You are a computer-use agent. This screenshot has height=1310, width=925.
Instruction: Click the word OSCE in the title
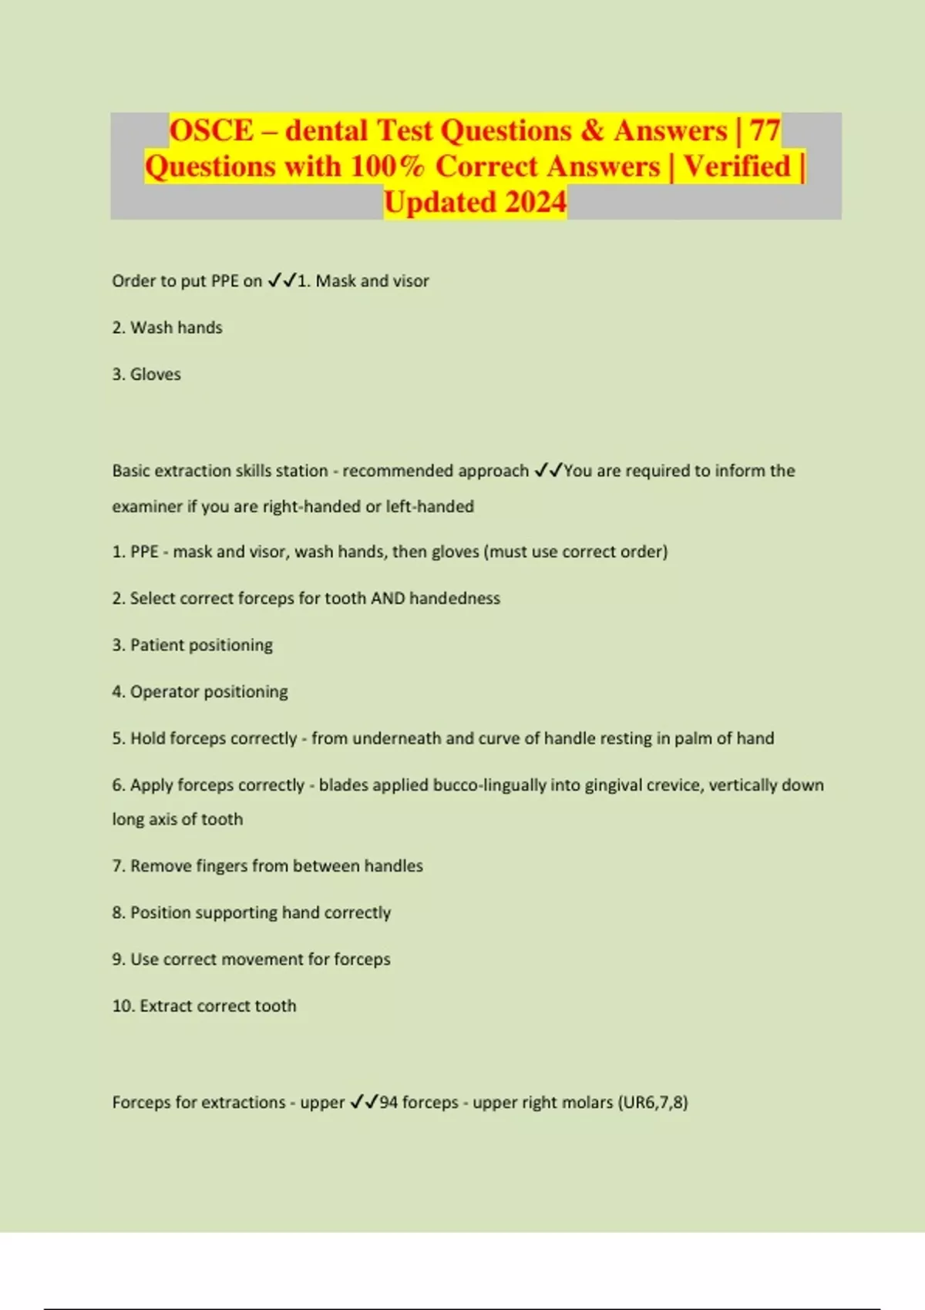(x=211, y=130)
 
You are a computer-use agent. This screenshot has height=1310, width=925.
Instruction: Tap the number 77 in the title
(x=765, y=130)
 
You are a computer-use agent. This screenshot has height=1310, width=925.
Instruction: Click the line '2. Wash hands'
(x=167, y=327)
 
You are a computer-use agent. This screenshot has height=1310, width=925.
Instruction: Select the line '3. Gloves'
(x=146, y=375)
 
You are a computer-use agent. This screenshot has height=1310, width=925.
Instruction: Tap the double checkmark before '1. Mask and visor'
(x=282, y=281)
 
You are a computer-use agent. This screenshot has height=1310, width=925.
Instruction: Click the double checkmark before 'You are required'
(x=548, y=470)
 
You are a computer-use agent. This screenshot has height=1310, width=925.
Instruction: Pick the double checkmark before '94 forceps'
(x=364, y=1102)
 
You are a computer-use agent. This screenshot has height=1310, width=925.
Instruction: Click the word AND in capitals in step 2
(x=388, y=598)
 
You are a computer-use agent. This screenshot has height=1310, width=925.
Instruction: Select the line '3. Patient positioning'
(x=193, y=645)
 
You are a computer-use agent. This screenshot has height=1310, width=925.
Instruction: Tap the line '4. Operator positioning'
(x=200, y=691)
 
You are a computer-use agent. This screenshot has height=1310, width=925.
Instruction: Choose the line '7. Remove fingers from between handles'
(x=267, y=866)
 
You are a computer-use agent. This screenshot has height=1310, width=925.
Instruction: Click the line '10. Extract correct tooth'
(x=204, y=1006)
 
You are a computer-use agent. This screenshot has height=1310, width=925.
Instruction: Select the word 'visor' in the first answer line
(x=411, y=281)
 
